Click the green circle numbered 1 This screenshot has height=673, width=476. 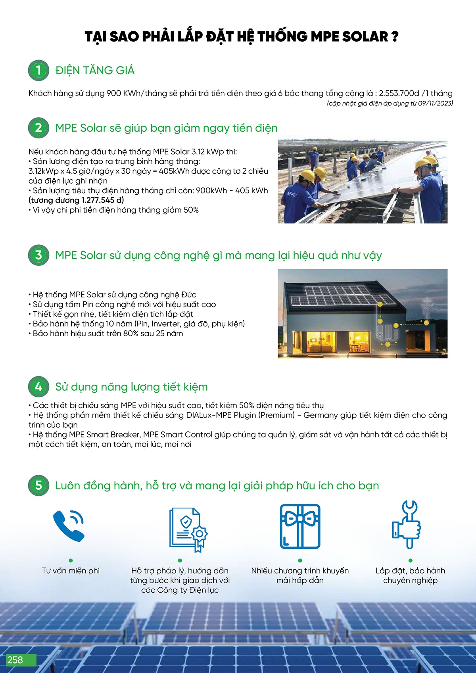coord(38,71)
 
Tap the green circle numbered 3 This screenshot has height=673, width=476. coord(38,255)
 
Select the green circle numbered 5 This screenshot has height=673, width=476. coord(38,485)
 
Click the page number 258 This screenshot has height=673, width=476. coord(15,660)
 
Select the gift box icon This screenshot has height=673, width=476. coord(300,526)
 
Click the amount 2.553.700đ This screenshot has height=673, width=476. coord(399,94)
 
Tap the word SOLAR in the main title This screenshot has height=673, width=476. coord(365,37)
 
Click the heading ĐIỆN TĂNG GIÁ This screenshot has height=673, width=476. coord(95,71)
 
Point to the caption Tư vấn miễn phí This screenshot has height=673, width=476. coord(71,571)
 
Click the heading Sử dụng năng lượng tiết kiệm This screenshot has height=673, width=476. coord(131,387)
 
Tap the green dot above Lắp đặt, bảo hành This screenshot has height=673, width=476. coord(411,560)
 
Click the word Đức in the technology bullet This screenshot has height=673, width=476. coord(189,295)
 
